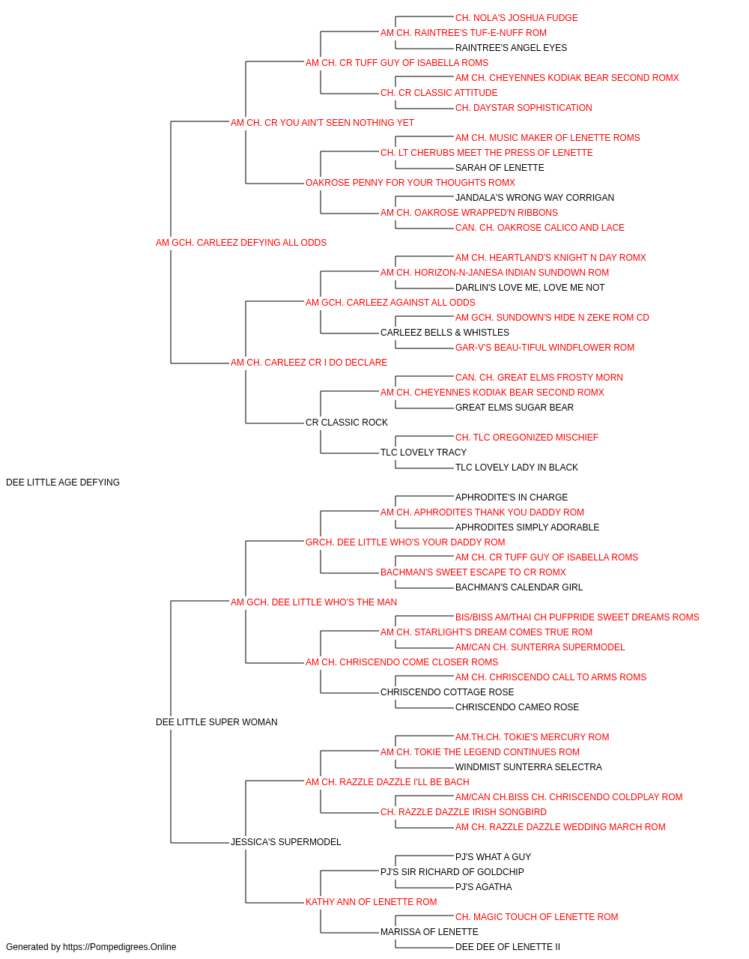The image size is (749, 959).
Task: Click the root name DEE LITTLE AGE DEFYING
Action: [63, 482]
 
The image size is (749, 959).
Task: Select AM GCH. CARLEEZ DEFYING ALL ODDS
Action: [241, 243]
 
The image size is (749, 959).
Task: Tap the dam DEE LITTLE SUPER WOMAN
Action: [216, 722]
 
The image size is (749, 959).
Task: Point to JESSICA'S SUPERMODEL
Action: [286, 842]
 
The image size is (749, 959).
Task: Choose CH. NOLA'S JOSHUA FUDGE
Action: [517, 18]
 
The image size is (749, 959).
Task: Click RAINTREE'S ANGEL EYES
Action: [512, 48]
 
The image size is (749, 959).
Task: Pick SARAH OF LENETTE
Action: [500, 168]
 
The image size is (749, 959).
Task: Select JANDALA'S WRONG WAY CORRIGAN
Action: [535, 198]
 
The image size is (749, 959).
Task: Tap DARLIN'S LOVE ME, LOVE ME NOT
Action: [530, 288]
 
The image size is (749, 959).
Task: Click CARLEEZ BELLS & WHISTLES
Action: [445, 333]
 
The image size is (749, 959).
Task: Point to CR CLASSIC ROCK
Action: [347, 423]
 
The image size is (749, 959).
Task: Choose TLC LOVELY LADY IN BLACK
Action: [517, 468]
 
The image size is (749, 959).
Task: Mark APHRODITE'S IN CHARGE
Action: [512, 497]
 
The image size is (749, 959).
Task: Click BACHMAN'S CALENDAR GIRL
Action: [519, 587]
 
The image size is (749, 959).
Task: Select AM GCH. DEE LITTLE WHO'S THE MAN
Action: [314, 602]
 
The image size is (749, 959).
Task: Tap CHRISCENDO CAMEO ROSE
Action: [517, 707]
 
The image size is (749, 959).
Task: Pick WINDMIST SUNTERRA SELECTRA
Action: [529, 767]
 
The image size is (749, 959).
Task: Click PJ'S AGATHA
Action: [483, 887]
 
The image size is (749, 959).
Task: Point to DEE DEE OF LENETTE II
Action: [508, 947]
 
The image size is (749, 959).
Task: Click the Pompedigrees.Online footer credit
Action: [91, 947]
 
